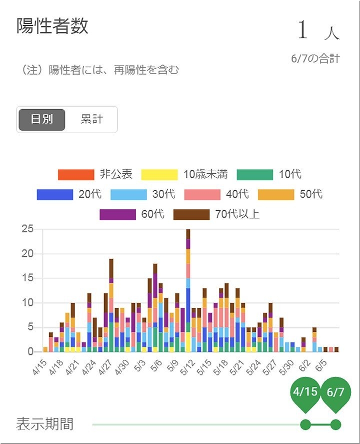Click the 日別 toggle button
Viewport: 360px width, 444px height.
[42, 120]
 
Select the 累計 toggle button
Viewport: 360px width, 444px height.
[91, 120]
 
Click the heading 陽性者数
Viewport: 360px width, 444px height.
[52, 26]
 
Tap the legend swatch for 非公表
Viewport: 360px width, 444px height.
[76, 175]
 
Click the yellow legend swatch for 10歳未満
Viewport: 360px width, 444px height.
[159, 175]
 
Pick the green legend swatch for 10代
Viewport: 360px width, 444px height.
[255, 175]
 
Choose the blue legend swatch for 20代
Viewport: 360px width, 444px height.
[55, 195]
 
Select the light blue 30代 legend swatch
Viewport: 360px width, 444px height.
[128, 195]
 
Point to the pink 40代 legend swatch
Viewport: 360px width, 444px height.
[202, 195]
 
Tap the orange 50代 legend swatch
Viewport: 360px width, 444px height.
[276, 195]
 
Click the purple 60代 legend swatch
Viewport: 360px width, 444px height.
[117, 215]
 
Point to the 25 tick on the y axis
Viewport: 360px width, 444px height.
[27, 229]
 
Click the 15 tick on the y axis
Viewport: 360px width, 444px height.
[27, 278]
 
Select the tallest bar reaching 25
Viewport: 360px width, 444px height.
[188, 290]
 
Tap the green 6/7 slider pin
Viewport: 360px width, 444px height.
[335, 392]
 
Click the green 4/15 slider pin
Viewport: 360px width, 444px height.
[305, 392]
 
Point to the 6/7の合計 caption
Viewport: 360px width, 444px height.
[315, 59]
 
